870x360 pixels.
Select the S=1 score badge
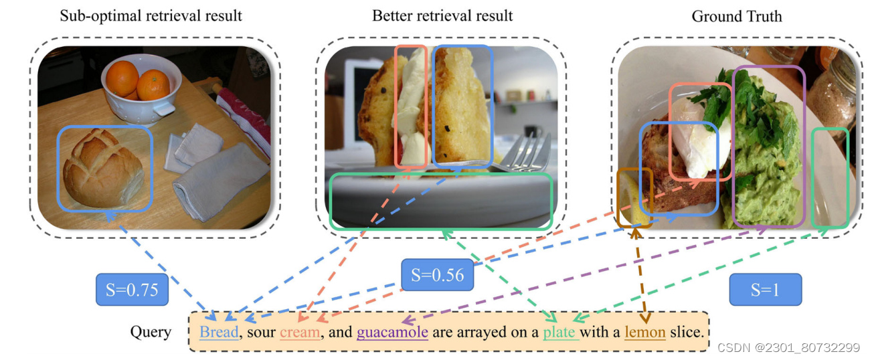(765, 290)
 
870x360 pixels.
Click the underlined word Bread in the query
(219, 332)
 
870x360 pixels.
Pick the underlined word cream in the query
(300, 332)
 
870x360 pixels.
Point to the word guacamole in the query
(392, 332)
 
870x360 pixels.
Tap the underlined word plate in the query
(560, 332)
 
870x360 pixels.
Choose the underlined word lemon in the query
(644, 332)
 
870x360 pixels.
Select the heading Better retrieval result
(442, 16)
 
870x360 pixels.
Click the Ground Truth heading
(737, 16)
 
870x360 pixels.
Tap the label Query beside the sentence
(151, 332)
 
